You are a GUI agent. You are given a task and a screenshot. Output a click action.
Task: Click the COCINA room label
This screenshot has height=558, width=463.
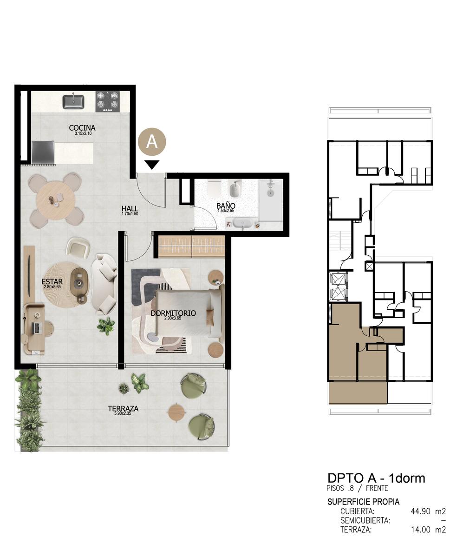pos(82,128)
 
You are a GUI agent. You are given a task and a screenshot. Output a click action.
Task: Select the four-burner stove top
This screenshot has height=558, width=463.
pos(108,102)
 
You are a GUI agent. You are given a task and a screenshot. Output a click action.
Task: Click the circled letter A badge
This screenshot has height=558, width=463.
pos(152,142)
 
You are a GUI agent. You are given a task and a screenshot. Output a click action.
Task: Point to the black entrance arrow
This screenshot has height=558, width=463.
pos(152,165)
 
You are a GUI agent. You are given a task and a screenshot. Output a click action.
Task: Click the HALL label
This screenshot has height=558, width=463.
pos(130,208)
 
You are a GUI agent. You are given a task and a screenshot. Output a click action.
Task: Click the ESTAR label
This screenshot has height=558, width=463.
pos(52,281)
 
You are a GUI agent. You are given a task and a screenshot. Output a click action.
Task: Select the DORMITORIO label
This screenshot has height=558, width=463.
pos(173,313)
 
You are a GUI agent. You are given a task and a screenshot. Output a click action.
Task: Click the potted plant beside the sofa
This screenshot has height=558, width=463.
pos(106,326)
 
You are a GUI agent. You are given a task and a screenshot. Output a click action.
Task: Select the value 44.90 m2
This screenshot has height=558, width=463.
pos(428,511)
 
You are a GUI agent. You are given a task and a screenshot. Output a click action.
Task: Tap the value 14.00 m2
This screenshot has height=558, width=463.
pos(428,530)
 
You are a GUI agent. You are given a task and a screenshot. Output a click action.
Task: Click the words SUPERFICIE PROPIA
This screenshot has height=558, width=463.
pos(364,502)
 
